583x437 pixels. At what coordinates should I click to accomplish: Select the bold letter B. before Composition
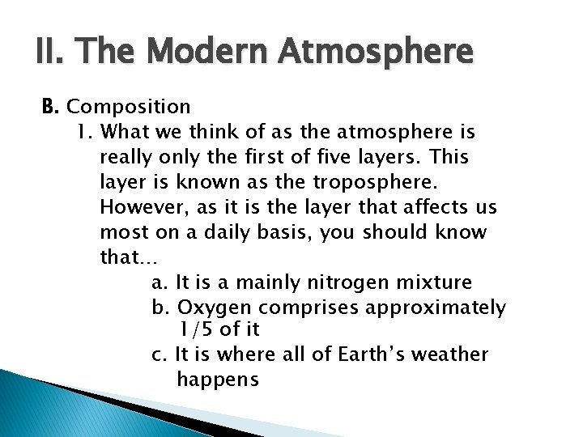tap(52, 106)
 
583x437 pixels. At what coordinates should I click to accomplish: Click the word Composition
tap(129, 107)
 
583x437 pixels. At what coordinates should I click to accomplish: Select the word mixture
tap(436, 283)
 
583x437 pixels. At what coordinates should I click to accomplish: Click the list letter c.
tap(157, 354)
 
